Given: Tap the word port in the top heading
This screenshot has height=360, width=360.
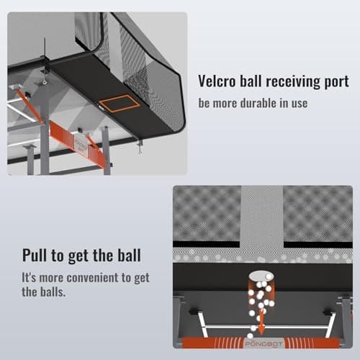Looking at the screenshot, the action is coord(336,82).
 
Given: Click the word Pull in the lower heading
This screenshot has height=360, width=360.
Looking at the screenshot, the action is coord(35,255).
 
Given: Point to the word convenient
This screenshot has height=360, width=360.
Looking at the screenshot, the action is coord(92,278).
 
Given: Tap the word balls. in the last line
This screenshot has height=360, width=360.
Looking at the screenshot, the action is coord(53,292).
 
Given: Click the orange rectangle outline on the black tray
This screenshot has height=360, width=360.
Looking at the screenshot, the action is coord(120,104).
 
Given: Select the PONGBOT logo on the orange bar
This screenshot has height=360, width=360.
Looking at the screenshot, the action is coord(264,343).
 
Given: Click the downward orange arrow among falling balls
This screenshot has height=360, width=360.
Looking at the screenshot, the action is coord(261,322).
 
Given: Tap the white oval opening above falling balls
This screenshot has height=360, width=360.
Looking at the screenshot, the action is coord(261,276).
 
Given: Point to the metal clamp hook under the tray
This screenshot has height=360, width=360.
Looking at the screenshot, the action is coord(140,147).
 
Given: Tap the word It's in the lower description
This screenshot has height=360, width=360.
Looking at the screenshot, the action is coord(29,278).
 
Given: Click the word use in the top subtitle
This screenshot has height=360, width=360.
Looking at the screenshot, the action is coord(300,104).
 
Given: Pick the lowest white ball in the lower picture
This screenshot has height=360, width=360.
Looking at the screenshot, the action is coord(251,336).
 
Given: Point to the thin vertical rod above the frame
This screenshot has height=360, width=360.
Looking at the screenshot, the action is coord(45,48).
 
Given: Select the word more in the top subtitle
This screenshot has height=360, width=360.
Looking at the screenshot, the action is coord(225,104).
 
